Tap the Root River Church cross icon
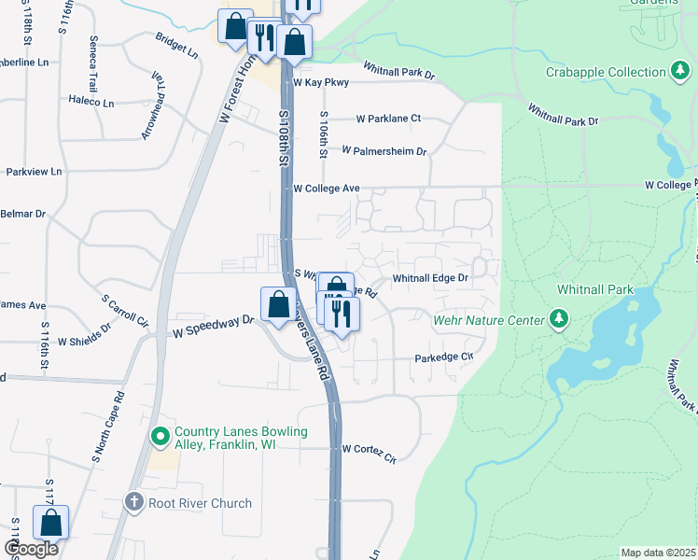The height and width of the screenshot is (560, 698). [133, 503]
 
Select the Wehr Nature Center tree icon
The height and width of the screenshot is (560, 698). [559, 320]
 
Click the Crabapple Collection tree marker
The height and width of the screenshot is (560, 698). [682, 72]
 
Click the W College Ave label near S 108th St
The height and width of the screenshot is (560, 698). [326, 189]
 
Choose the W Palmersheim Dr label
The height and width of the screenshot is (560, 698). [384, 150]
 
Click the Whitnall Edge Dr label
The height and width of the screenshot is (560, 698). [429, 278]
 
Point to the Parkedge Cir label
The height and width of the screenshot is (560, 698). [445, 357]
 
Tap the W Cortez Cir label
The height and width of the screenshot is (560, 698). [369, 449]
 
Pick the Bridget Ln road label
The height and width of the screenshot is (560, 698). [177, 47]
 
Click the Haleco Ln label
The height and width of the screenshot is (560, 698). [91, 101]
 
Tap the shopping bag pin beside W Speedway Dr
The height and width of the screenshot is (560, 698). [278, 303]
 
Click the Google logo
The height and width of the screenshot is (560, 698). [32, 548]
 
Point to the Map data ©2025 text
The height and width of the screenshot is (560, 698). [658, 553]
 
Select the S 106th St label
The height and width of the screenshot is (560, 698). [323, 136]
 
